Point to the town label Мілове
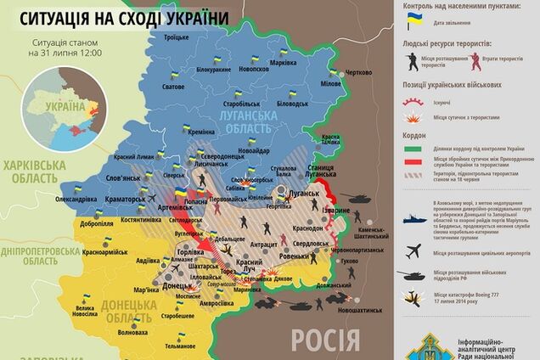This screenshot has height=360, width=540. [331, 85]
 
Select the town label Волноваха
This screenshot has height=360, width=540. [137, 333]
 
